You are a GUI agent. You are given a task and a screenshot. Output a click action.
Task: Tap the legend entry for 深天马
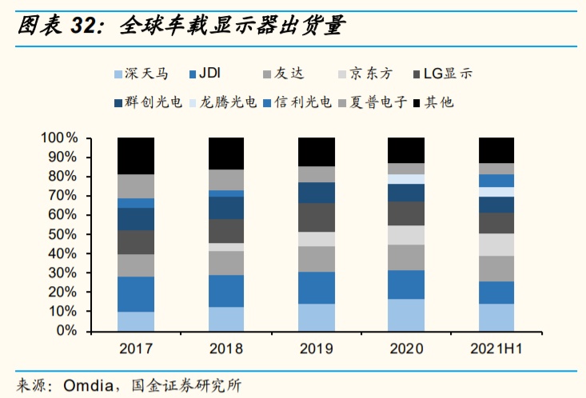144,74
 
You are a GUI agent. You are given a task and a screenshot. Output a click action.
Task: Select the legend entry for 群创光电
150,102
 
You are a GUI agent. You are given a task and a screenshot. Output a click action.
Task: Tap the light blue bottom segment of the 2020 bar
406,315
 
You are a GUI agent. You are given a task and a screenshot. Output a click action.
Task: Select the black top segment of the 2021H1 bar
496,150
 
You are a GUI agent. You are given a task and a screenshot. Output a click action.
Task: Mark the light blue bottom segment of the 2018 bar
226,319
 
